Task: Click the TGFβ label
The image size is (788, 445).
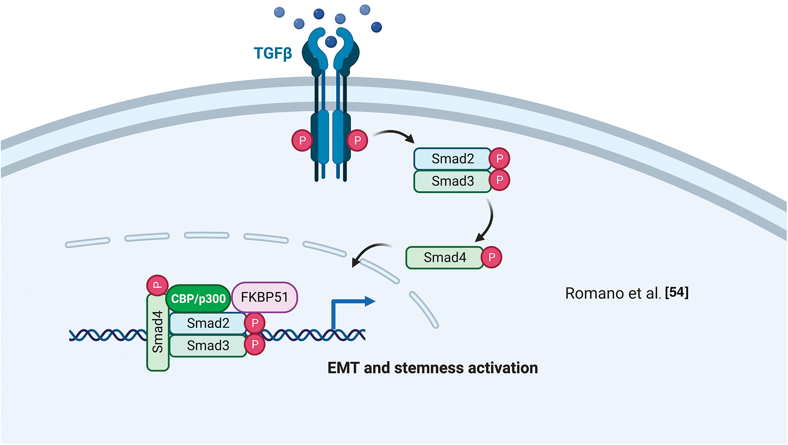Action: [x=273, y=53]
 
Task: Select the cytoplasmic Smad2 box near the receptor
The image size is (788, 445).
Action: [x=453, y=159]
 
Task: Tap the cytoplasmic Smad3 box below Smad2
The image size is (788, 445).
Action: [x=453, y=181]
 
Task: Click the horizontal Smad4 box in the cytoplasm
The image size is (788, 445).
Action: [x=445, y=257]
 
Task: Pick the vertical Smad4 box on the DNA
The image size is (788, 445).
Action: [x=158, y=332]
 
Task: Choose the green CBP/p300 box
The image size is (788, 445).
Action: [x=198, y=298]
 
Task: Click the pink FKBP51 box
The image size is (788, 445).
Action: [x=264, y=297]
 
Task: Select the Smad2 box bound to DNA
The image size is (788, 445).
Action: [x=208, y=323]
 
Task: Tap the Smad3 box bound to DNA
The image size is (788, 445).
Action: [x=208, y=346]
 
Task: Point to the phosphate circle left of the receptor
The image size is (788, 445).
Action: [x=302, y=141]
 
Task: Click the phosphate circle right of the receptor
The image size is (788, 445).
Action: [x=357, y=141]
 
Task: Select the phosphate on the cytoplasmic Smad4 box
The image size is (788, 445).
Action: [x=491, y=257]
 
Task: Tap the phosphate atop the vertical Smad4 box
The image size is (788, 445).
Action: [x=157, y=285]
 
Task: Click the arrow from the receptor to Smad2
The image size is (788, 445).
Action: [x=394, y=135]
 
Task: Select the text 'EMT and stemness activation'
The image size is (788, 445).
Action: [x=433, y=368]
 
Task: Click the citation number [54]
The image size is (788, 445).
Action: [x=677, y=293]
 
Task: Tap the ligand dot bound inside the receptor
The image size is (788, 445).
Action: [x=331, y=41]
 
